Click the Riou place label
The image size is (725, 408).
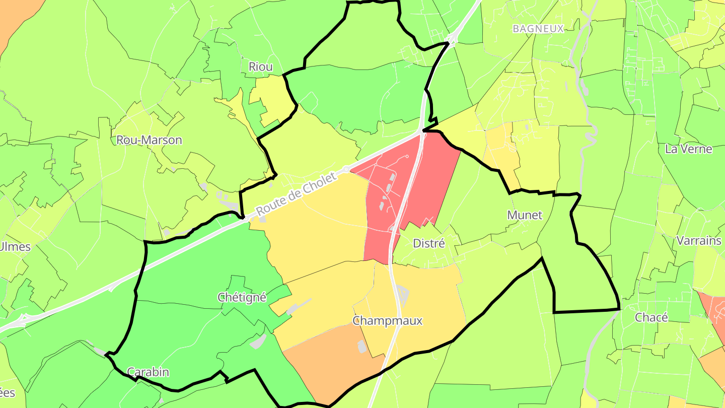coord(260,66)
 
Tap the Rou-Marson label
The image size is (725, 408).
coord(149,140)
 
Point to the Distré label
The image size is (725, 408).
coord(429,243)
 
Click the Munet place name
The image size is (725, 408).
coord(525,215)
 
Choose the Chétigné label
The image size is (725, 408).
coord(242,297)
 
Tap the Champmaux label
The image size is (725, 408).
coord(387,320)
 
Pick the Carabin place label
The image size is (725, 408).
coord(148,372)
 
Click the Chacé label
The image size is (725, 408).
coord(651,317)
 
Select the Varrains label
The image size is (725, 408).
coord(699,240)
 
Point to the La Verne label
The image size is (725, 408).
coord(689,149)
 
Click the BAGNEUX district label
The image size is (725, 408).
coord(538,29)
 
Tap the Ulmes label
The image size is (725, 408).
coord(15,247)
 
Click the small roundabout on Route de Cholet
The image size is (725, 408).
coord(346,168)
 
